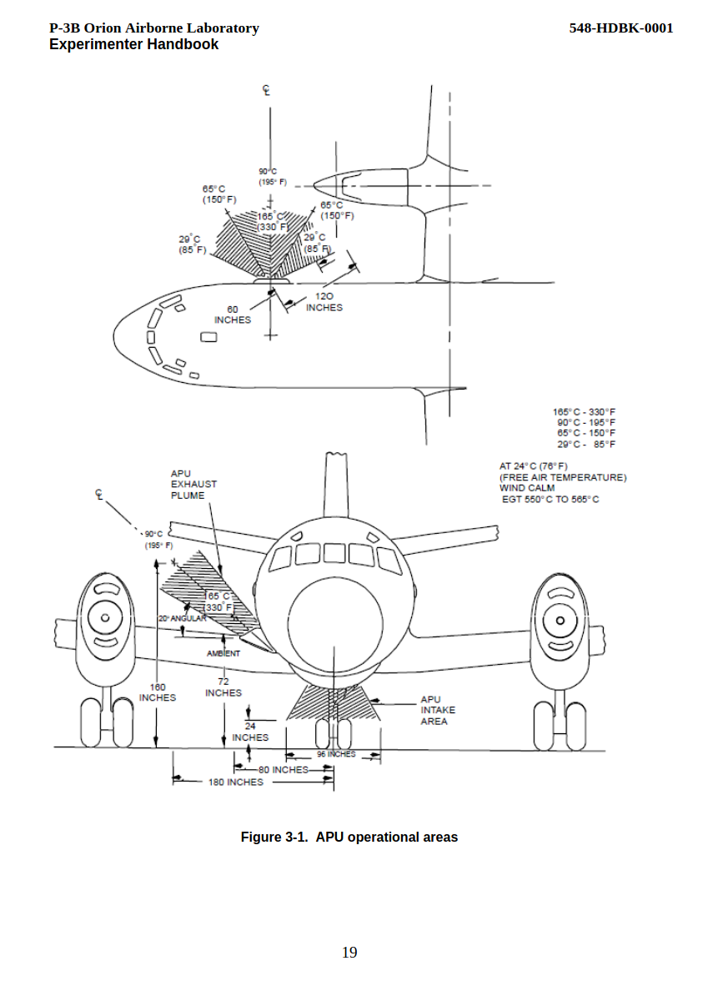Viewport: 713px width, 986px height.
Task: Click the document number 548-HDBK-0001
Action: [620, 28]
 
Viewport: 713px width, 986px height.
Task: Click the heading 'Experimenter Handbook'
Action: [133, 45]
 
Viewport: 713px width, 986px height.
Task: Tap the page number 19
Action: [349, 953]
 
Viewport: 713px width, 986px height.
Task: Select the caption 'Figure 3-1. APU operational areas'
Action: [349, 837]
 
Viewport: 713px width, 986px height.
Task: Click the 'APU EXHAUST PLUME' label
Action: [193, 485]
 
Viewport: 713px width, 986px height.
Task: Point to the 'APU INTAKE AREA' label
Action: [437, 711]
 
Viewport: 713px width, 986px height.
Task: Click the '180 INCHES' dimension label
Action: [235, 782]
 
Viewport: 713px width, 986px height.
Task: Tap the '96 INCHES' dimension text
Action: [336, 754]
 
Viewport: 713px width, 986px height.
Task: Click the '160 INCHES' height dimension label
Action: [158, 692]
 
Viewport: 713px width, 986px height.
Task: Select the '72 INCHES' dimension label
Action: [223, 687]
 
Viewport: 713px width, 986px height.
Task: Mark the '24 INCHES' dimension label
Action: [250, 732]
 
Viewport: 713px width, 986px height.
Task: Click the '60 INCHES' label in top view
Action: [232, 315]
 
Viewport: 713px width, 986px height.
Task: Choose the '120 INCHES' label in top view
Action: [324, 302]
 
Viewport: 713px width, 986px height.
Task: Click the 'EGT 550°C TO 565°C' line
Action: [550, 500]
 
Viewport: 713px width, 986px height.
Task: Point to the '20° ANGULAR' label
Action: [182, 618]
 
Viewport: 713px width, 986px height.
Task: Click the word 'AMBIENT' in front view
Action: [223, 653]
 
